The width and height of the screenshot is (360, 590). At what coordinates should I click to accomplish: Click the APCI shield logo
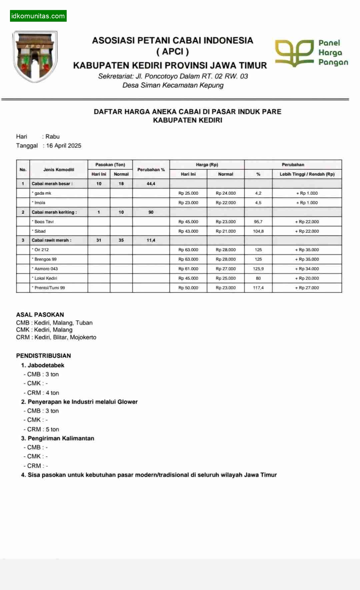point(35,57)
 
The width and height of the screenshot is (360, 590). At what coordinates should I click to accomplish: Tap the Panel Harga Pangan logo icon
point(294,53)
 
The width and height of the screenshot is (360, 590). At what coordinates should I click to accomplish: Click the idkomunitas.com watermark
point(38,16)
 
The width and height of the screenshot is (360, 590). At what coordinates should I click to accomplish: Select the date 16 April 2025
point(64,145)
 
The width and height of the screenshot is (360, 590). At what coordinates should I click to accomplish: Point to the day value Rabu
point(53,136)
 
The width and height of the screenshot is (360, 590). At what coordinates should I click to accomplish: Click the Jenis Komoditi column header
point(59,169)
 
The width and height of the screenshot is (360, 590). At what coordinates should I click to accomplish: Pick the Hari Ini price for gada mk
point(188,193)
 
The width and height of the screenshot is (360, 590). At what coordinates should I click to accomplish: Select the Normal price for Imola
point(225,202)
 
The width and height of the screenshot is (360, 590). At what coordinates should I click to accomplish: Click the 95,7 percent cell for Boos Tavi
point(258,221)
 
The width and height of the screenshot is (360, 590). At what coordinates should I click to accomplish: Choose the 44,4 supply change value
point(151,183)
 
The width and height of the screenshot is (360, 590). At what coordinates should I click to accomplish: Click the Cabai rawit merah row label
point(51,240)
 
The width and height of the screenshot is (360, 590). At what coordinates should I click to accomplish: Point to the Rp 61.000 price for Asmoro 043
point(188,268)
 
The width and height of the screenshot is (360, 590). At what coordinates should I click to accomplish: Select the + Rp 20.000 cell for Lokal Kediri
point(307,278)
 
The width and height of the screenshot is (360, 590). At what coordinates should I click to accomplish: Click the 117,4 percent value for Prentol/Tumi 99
point(258,287)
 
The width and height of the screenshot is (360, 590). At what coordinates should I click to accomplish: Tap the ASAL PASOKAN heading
point(40,315)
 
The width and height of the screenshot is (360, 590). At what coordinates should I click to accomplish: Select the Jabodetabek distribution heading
point(46,365)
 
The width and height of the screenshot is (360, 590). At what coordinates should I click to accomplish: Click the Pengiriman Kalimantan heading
point(61,438)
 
